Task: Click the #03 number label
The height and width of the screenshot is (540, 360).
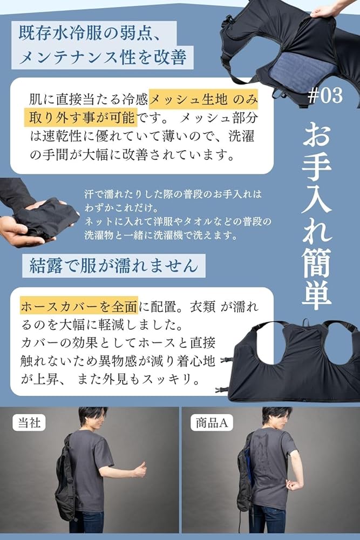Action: [x=325, y=96]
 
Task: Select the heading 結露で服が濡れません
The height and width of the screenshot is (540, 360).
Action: [x=114, y=266]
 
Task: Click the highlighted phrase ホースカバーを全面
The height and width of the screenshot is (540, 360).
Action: [x=79, y=307]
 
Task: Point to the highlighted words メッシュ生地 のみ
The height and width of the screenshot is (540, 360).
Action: [x=202, y=99]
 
